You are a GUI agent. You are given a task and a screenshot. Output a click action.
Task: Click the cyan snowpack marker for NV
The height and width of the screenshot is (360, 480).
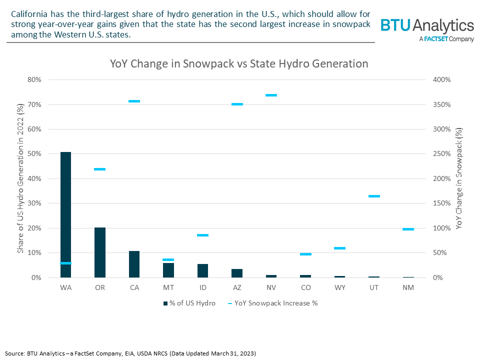click(271, 95)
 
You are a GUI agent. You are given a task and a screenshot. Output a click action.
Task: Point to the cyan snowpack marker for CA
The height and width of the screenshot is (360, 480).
click(134, 101)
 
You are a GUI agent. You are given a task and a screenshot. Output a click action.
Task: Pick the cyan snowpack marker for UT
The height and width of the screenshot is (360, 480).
click(374, 196)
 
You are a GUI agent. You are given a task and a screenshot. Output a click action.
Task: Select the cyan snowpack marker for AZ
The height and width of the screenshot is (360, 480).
click(237, 104)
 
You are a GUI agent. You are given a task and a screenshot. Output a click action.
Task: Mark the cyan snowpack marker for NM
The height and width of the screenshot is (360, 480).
click(408, 229)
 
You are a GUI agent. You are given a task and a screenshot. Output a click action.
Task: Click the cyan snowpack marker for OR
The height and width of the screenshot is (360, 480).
click(99, 169)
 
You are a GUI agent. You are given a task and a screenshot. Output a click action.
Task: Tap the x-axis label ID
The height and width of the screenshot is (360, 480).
click(202, 288)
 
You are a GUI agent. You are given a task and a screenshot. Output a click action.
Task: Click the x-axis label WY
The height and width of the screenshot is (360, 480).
click(339, 288)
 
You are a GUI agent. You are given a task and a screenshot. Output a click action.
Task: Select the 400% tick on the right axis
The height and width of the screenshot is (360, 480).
click(442, 80)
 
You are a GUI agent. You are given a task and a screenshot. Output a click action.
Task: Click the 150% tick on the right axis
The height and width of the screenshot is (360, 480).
click(442, 203)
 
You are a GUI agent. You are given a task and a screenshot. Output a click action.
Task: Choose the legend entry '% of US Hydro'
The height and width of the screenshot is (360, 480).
click(189, 303)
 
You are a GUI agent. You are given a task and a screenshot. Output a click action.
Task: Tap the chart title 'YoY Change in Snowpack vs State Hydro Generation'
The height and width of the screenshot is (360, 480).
click(239, 64)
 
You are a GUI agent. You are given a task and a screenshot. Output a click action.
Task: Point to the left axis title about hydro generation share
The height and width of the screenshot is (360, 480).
click(20, 178)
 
